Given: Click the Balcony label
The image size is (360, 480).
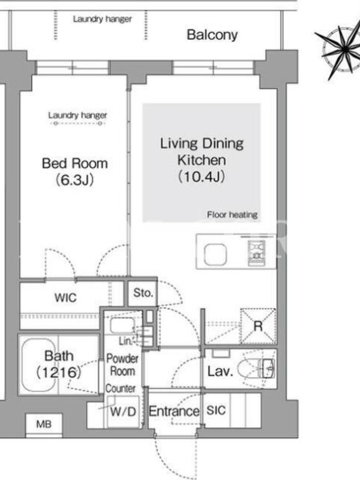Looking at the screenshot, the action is point(212,35).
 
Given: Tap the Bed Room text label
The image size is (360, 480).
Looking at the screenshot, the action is point(74,163).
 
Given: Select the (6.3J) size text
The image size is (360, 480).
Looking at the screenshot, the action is point(74,179).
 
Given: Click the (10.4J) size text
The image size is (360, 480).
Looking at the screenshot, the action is point(202,176).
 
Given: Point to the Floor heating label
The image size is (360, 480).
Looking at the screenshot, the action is point(232,215).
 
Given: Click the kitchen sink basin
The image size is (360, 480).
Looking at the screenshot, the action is point(215,254).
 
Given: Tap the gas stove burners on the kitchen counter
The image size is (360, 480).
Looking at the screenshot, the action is point(256,253).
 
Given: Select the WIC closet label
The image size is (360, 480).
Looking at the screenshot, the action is point(65,298).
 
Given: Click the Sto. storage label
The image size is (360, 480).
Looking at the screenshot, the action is point(143,293).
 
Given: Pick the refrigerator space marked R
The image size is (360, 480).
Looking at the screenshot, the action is point(258,326).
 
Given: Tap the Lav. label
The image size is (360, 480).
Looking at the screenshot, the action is point(220,371).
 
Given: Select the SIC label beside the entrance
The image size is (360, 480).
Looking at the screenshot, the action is point(216,410).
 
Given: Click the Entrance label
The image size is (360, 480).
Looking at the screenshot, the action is point(174,411).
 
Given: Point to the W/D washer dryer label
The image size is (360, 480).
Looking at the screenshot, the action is point(123,412).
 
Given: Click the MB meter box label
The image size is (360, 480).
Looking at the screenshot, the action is point(44,424).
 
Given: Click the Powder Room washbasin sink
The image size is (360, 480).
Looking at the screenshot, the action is point(122,325).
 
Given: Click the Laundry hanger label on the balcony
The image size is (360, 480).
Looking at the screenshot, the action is point(102,19).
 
